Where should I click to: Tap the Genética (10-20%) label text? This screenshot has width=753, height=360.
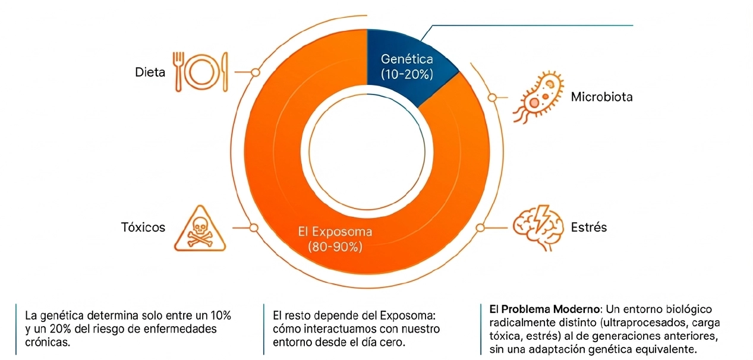coord(407,67)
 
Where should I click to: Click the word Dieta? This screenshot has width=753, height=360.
coord(150,72)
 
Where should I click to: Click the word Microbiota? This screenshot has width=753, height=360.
coord(601,97)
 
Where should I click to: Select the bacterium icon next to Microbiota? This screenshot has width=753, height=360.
coord(537,97)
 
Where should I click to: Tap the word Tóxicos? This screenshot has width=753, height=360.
coord(143,228)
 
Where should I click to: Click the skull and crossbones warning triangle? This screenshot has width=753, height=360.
coord(199,230)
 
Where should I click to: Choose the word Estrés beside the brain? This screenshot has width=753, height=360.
coord(588,227)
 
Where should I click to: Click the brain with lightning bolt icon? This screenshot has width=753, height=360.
coord(537,226)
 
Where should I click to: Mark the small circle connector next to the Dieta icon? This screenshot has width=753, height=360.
coord(256,72)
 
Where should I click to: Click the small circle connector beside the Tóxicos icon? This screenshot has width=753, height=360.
coord(254,228)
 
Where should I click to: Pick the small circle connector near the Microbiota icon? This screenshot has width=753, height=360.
coord(492,97)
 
